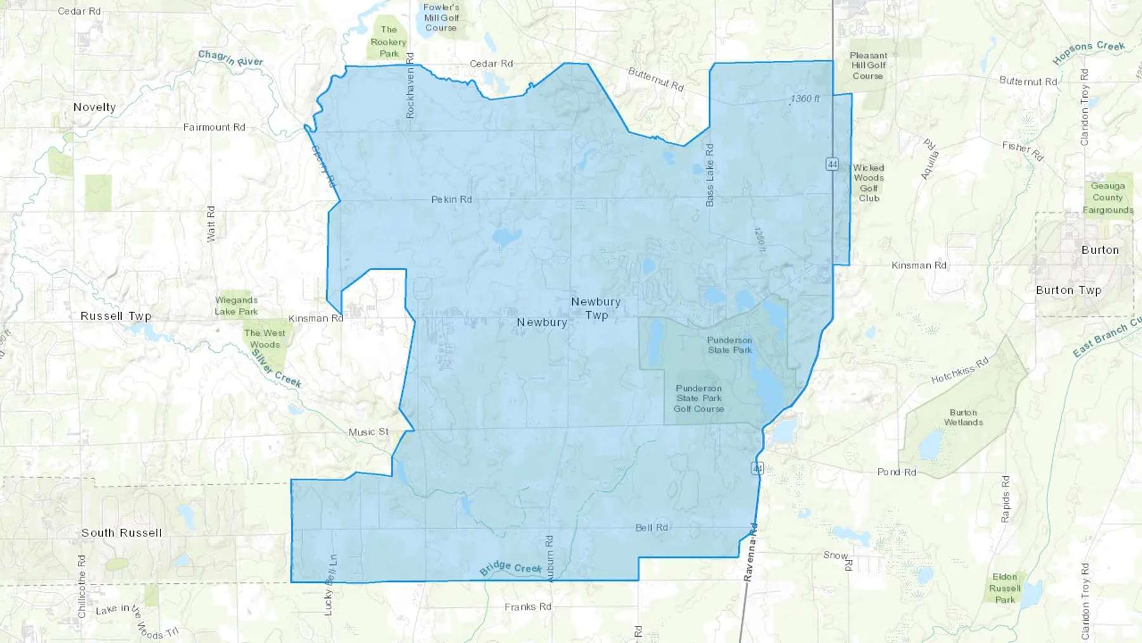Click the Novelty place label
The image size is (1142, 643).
click(x=95, y=107)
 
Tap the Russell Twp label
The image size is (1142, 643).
click(x=116, y=316)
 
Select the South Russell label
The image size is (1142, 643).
click(x=121, y=533)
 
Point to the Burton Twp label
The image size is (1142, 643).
click(x=1068, y=290)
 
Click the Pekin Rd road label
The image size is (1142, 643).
click(x=452, y=199)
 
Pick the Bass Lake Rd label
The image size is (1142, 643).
click(x=709, y=175)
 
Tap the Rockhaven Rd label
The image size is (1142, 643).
click(x=410, y=85)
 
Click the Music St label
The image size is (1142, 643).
click(x=369, y=432)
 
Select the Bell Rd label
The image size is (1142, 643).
click(x=652, y=527)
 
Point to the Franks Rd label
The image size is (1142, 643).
click(x=528, y=607)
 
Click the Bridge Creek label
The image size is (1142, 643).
click(x=511, y=567)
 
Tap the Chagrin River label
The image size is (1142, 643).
click(x=230, y=58)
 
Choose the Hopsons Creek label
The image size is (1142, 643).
click(x=1089, y=53)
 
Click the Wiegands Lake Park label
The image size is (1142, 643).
click(x=236, y=306)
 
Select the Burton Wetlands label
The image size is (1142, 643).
click(x=963, y=417)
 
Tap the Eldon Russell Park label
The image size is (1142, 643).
click(x=1005, y=588)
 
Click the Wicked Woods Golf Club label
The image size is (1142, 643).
click(x=869, y=183)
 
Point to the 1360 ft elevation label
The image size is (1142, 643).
click(x=805, y=98)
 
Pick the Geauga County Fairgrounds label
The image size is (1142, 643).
click(x=1108, y=198)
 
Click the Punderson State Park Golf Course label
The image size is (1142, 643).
click(x=699, y=399)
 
